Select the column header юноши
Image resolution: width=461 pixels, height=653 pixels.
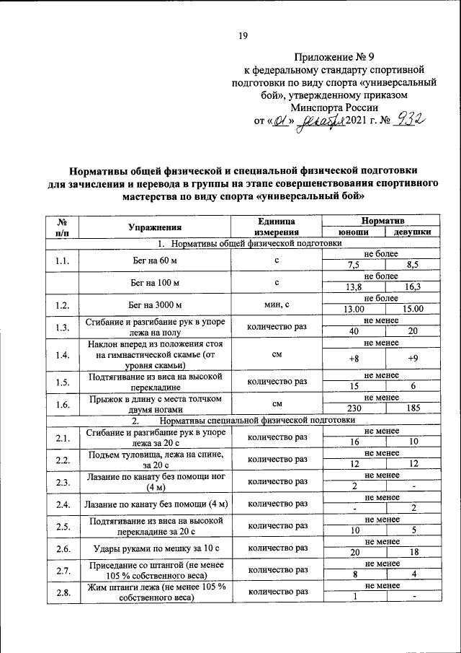point(354,232)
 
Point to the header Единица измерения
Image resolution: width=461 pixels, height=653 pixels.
point(276,227)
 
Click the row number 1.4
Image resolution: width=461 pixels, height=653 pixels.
point(61,355)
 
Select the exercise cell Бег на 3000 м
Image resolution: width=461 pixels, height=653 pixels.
point(152,304)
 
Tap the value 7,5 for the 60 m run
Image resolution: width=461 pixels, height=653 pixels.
point(353,265)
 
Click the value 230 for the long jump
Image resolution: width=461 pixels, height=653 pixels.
point(353,408)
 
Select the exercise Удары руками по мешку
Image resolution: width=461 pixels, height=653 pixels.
point(152,549)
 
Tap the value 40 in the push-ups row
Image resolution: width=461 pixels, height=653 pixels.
point(353,332)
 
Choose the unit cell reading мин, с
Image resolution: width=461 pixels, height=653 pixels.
point(276,304)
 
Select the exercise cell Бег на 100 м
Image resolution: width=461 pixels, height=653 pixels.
point(152,281)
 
